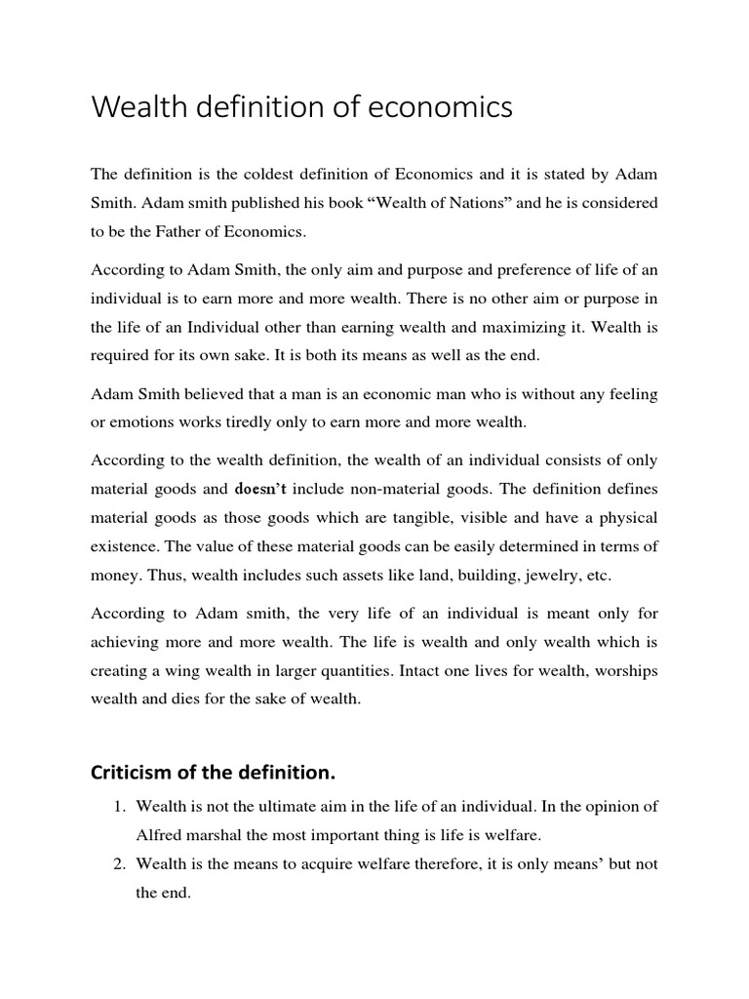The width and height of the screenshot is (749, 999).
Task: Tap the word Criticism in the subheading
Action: [x=130, y=774]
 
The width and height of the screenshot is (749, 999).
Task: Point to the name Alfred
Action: [x=161, y=836]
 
